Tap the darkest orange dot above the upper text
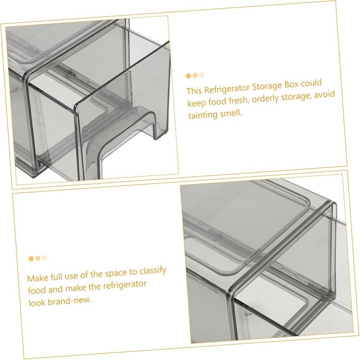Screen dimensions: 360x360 [189, 76]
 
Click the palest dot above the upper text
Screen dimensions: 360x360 [202, 75]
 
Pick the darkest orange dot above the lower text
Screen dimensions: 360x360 [31, 259]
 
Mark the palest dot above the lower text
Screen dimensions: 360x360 [44, 258]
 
